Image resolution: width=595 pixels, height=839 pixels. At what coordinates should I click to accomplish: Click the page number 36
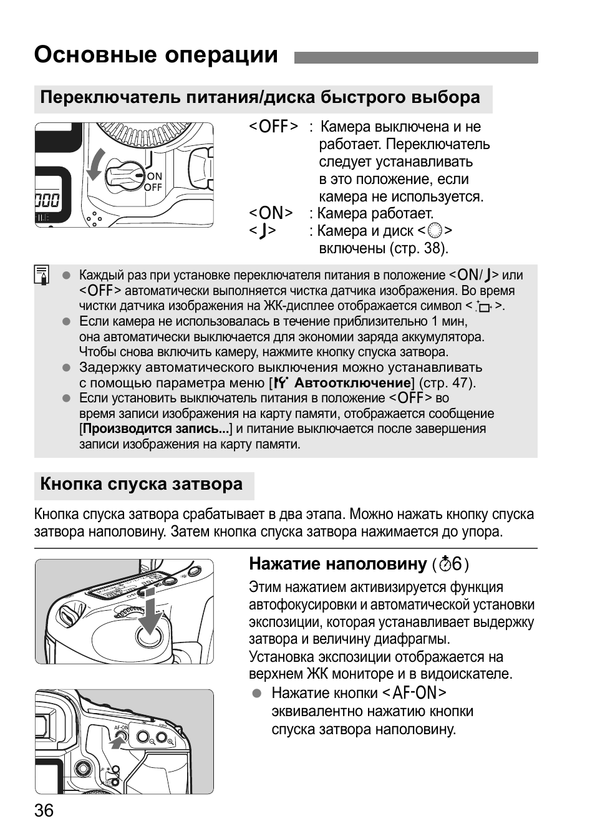click(44, 810)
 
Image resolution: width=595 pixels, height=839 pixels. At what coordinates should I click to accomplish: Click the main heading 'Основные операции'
click(156, 55)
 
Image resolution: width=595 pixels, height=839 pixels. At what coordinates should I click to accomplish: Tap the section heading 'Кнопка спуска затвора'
click(142, 484)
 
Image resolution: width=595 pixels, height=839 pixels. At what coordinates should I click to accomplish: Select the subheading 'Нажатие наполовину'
click(337, 564)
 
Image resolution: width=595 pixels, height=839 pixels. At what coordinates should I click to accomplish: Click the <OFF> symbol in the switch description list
click(273, 127)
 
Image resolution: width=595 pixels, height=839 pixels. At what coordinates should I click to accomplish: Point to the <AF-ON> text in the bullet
click(414, 693)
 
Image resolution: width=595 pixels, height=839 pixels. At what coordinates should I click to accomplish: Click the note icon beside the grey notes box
click(42, 275)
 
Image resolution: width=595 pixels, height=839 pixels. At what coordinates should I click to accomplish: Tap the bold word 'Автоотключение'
click(352, 383)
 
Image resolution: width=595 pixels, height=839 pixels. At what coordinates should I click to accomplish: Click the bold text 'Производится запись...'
click(156, 429)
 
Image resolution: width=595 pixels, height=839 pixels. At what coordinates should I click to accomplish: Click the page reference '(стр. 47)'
click(447, 383)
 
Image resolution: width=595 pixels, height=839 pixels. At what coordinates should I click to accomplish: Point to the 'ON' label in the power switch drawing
click(154, 177)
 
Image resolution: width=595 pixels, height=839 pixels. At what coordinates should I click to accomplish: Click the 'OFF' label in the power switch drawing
click(153, 187)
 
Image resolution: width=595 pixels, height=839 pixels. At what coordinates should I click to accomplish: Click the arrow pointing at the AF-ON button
click(117, 742)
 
